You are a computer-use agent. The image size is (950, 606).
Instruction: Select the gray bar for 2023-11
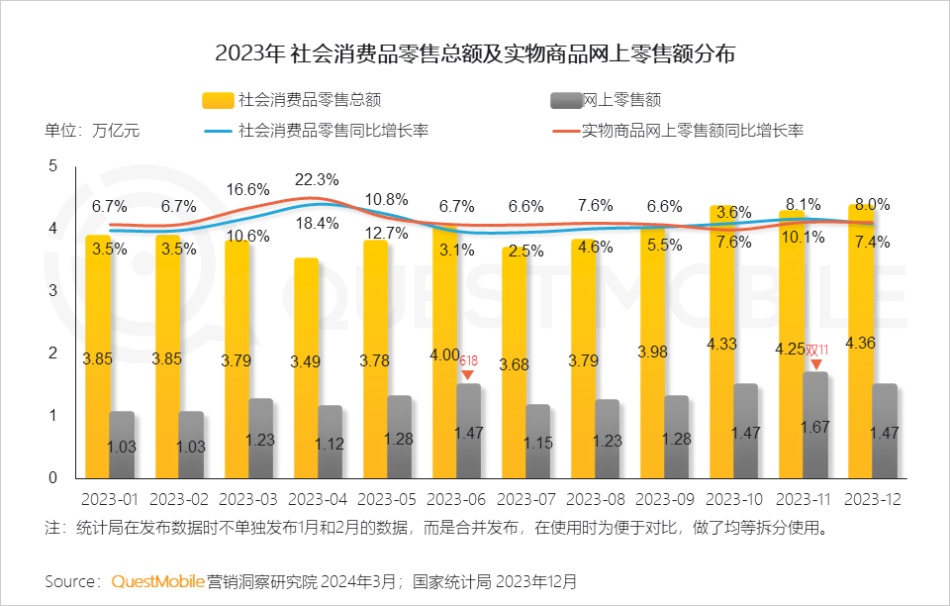click(814, 426)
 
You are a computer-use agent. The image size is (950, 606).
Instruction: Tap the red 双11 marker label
click(816, 351)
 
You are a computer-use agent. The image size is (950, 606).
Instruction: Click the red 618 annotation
click(468, 362)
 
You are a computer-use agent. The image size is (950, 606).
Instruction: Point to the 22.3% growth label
click(318, 179)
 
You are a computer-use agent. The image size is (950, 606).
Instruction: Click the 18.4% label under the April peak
click(318, 224)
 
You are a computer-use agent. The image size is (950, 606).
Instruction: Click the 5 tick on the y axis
click(52, 166)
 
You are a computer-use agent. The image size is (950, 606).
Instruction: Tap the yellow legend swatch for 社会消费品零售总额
click(218, 100)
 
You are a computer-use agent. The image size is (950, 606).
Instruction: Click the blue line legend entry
click(316, 131)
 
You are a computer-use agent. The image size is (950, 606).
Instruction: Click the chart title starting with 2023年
click(475, 52)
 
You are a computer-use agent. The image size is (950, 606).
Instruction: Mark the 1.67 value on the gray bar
click(815, 428)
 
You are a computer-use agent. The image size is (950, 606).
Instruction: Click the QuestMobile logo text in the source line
click(157, 580)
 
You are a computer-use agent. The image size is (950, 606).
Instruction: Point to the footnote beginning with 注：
click(435, 528)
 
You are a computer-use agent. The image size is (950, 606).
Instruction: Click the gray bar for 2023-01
click(121, 446)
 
